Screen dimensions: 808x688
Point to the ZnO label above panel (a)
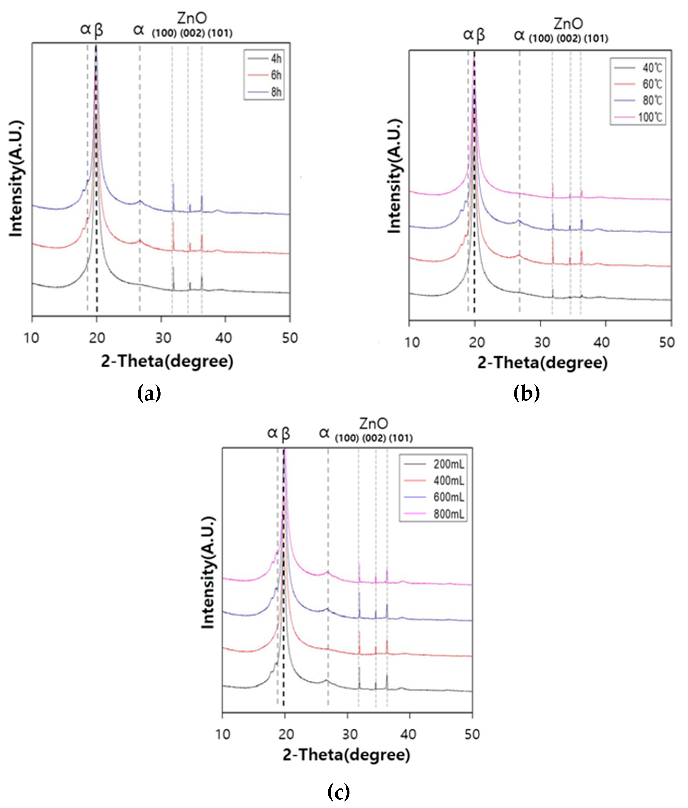192,18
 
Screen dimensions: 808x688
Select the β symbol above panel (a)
99,30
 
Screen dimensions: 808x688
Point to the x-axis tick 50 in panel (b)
667,342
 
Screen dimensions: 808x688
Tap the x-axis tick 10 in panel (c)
223,734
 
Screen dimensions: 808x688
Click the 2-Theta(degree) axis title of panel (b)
542,363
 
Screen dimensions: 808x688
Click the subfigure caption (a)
149,393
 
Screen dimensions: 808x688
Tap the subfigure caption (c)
338,792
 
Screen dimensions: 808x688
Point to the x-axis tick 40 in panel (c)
408,734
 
